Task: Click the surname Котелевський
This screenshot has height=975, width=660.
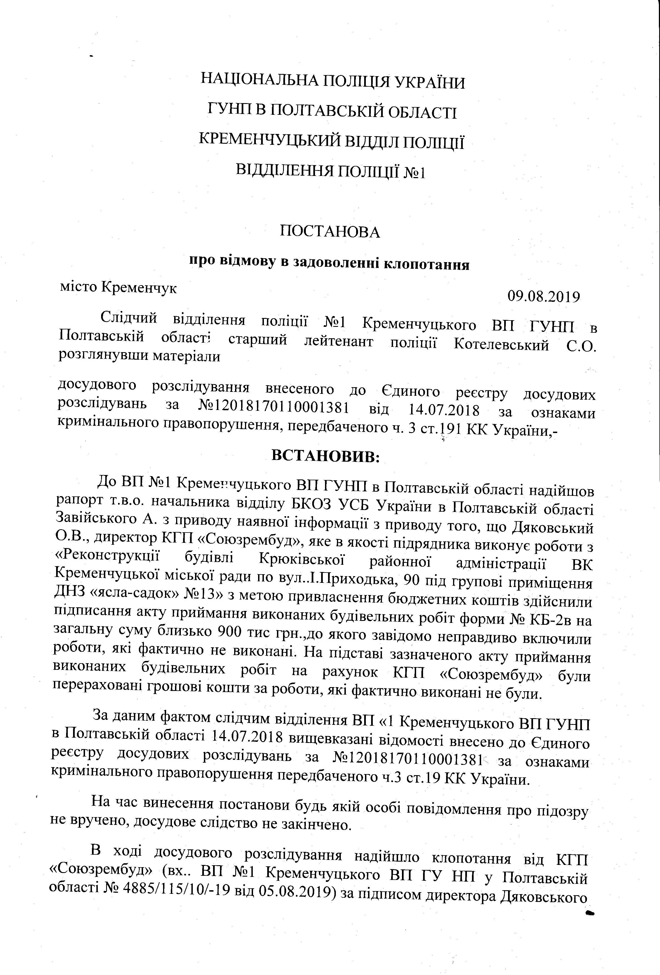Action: (x=501, y=345)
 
